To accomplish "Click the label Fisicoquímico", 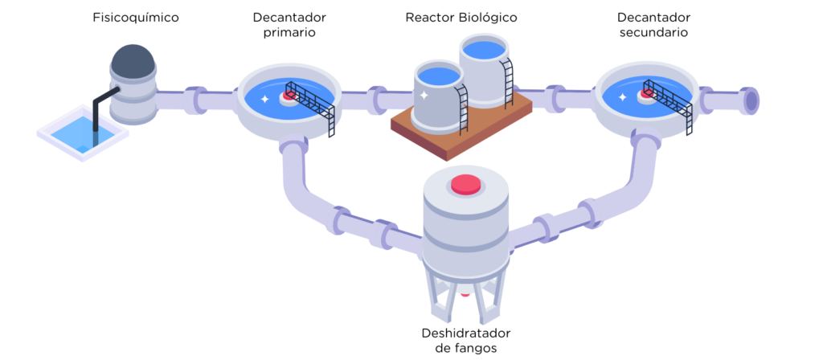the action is [x=136, y=18].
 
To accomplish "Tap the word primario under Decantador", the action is [x=289, y=32].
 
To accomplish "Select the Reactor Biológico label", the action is [x=461, y=18].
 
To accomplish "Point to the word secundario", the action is [x=653, y=32].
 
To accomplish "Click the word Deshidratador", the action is [x=466, y=333].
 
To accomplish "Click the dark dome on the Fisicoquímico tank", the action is [x=133, y=59].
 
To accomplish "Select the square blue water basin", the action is [x=83, y=133].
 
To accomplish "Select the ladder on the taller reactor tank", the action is [x=506, y=83].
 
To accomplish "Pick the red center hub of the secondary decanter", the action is [x=645, y=94].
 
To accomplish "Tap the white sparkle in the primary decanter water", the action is [x=264, y=99].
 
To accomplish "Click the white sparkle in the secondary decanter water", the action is [x=623, y=97].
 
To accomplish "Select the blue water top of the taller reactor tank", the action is [x=485, y=49].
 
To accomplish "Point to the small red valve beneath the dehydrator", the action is [x=465, y=294].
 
